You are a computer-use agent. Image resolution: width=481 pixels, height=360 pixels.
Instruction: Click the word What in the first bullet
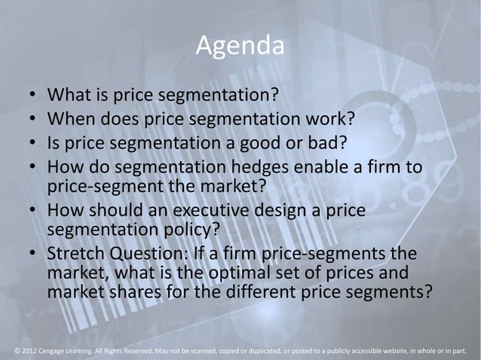pos(69,96)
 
